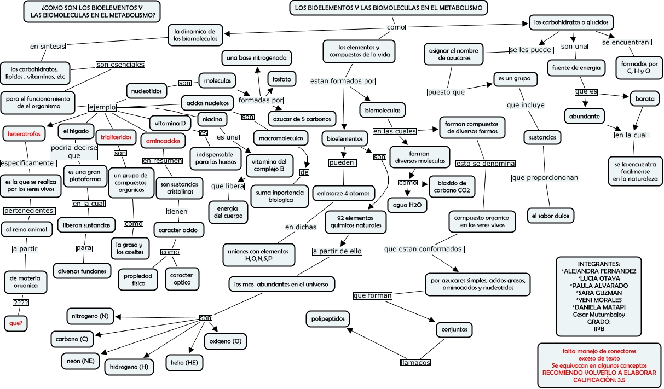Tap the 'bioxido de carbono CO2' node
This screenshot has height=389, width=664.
[x=452, y=187]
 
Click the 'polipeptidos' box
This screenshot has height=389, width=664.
[x=327, y=318]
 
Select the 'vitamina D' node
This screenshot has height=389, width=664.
[x=170, y=123]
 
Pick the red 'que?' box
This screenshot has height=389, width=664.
[x=16, y=323]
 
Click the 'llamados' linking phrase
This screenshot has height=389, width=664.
[x=415, y=363]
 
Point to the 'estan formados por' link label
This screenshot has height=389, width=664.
[x=343, y=81]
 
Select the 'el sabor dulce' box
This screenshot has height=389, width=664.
[x=550, y=216]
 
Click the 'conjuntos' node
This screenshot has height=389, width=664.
[x=454, y=330]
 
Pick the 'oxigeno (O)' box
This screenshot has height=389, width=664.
[x=224, y=341]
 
